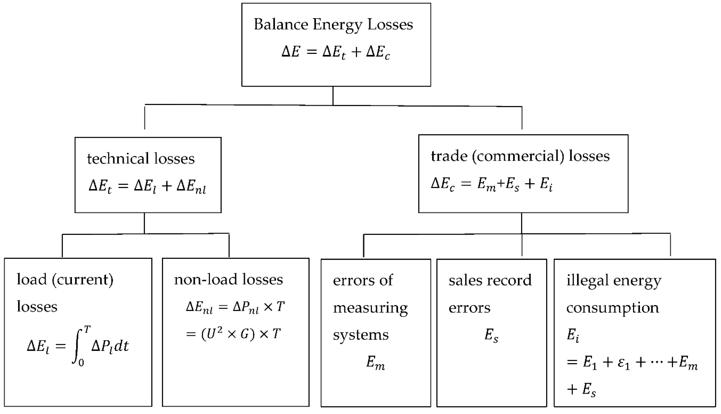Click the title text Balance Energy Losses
point(333,24)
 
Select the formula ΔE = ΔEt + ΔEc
point(336,53)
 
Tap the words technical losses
point(141,159)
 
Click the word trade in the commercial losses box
point(449,156)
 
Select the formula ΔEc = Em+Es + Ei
point(491,185)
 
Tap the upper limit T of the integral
point(87,330)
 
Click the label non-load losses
point(228,280)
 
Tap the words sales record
point(490,281)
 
